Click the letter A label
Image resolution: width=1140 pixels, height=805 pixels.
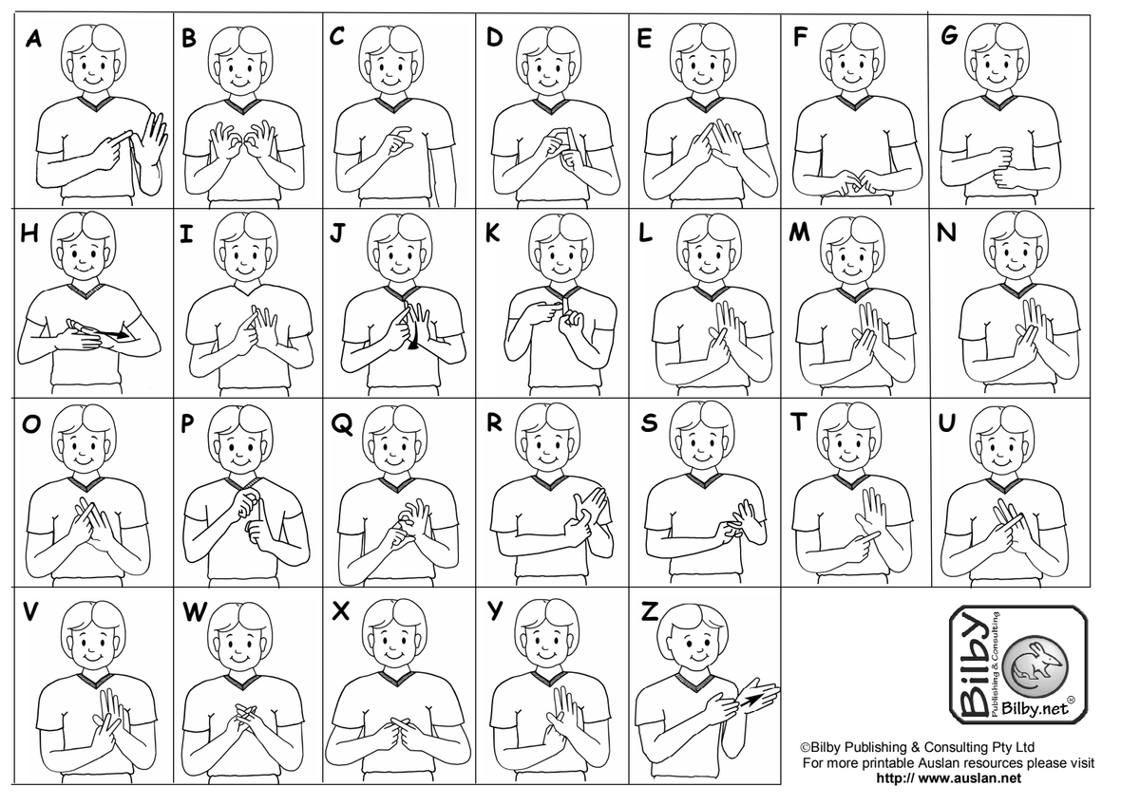(33, 38)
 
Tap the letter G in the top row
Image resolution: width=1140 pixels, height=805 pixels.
(949, 34)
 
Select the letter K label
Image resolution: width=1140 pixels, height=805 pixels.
(492, 233)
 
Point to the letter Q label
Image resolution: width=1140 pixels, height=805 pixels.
(341, 424)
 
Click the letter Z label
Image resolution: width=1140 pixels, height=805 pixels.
(650, 611)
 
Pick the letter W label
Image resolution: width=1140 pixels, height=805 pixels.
(195, 611)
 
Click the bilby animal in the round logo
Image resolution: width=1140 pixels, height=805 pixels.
(1038, 665)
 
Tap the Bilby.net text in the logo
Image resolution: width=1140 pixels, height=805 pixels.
(1035, 708)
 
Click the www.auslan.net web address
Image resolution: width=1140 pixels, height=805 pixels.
(948, 777)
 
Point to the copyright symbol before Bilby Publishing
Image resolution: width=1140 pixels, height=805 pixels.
(805, 747)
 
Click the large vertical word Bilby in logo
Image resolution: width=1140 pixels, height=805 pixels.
(973, 666)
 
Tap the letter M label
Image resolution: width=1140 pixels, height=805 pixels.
(799, 232)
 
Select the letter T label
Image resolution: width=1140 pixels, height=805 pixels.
(798, 421)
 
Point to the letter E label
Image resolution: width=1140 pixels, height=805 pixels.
(644, 38)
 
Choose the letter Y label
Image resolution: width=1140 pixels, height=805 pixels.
(495, 610)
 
